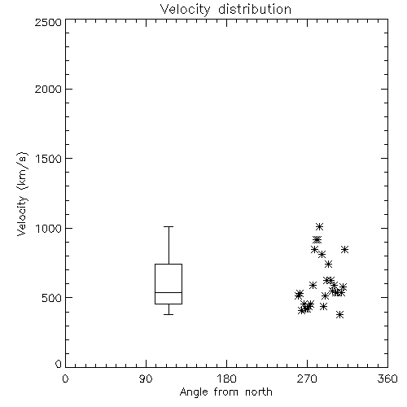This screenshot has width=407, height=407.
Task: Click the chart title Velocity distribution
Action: point(225,10)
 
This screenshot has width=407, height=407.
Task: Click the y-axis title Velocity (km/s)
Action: point(22,194)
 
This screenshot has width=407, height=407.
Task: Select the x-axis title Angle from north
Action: point(225,392)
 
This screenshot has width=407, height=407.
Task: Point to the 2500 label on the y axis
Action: point(48,22)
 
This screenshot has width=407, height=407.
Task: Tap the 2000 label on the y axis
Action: point(48,89)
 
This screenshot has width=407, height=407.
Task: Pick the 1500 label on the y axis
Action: point(49,159)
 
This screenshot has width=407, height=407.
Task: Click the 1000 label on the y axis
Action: point(49,228)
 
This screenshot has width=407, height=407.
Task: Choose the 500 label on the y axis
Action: point(52,298)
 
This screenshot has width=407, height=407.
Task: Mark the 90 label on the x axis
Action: point(146,379)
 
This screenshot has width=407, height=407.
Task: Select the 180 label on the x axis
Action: point(226,379)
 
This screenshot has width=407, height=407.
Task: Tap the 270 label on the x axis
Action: point(307,379)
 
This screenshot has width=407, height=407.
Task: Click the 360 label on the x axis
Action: point(387,379)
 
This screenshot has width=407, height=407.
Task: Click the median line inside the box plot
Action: point(168,292)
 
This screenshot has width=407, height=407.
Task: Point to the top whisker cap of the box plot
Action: point(168,226)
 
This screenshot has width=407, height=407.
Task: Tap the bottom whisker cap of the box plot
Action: point(168,314)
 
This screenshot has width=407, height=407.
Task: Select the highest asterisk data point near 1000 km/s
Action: point(319,226)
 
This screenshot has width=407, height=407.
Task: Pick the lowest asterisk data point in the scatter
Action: point(339,315)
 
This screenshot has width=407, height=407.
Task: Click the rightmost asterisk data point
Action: point(344,250)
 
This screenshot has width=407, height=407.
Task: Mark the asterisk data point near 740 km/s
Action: point(328,265)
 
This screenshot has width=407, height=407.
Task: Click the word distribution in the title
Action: point(255,10)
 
